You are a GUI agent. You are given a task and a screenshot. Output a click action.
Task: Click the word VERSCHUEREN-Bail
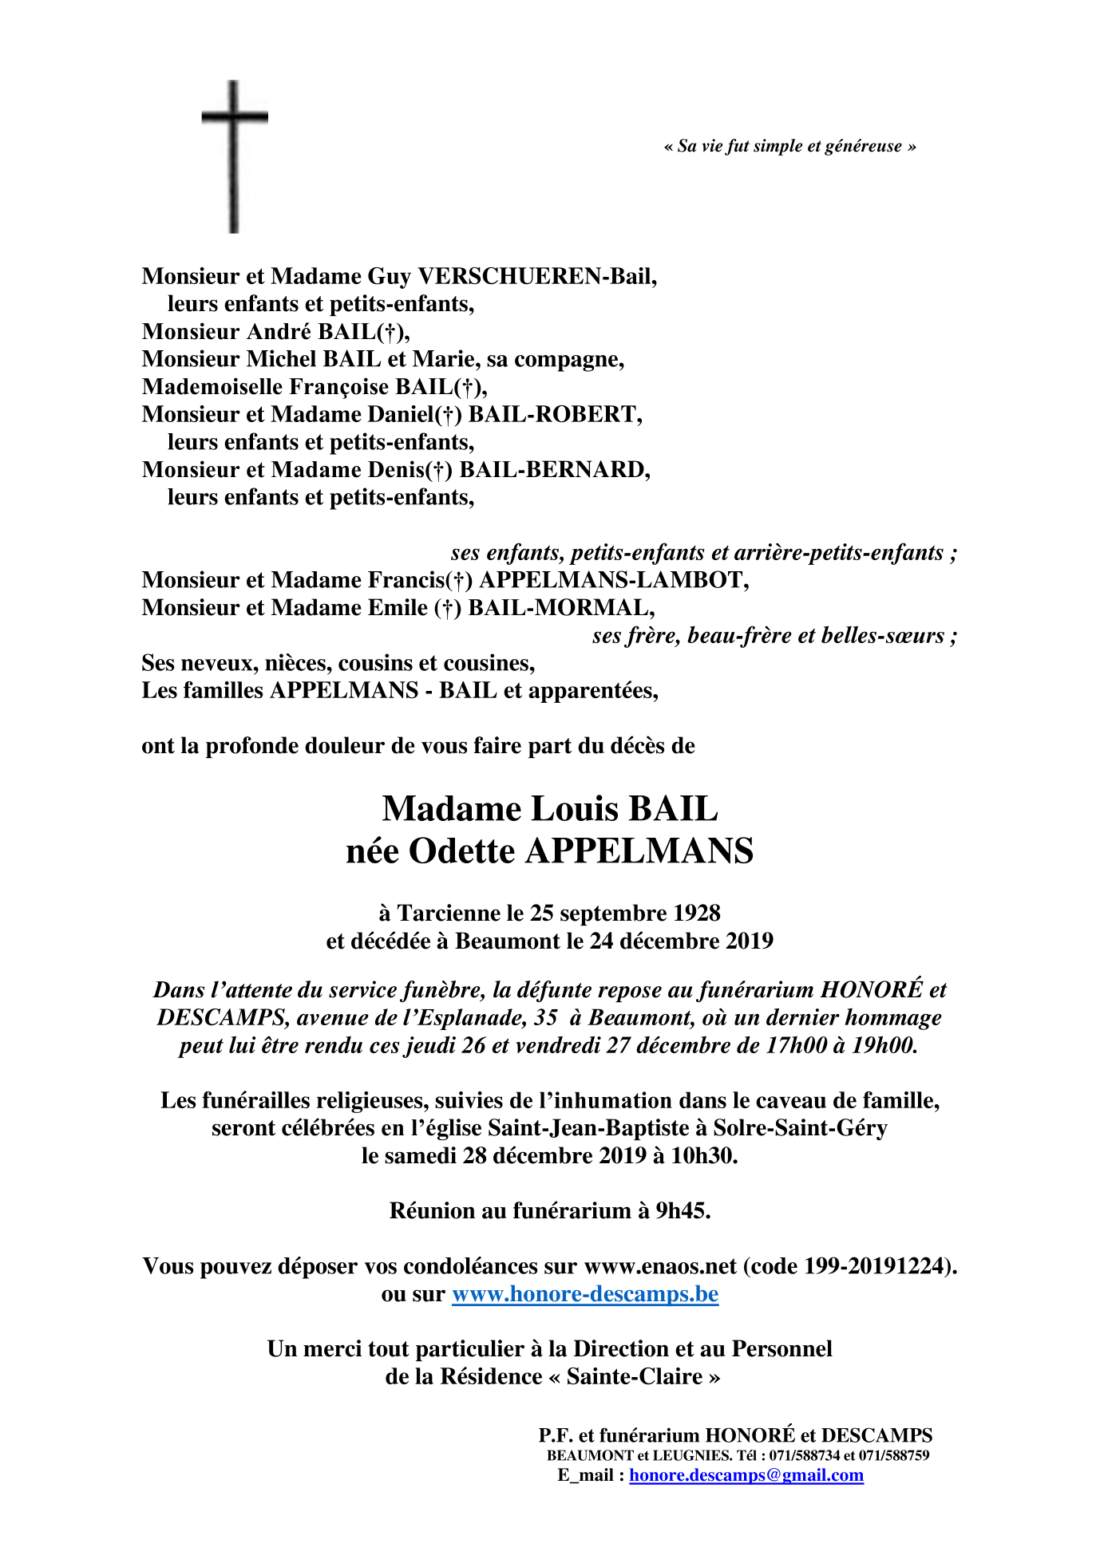click(x=536, y=276)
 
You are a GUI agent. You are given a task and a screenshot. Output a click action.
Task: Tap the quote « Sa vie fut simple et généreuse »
click(x=789, y=146)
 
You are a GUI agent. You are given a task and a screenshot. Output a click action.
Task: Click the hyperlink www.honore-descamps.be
click(x=585, y=1293)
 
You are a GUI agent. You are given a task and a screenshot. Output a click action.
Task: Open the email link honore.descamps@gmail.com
click(x=746, y=1474)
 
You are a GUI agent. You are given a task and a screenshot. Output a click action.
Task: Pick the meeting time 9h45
click(x=683, y=1210)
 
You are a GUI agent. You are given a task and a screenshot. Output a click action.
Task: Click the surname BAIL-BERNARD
click(x=554, y=469)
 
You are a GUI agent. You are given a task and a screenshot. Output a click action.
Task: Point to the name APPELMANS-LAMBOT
click(x=613, y=580)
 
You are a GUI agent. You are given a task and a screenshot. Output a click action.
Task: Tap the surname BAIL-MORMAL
click(x=561, y=608)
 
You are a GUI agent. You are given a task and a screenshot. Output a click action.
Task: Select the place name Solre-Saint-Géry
click(x=800, y=1127)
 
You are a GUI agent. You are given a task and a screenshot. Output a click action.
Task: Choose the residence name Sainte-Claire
click(x=635, y=1376)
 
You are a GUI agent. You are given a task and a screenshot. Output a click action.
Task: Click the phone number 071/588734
click(x=805, y=1455)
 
